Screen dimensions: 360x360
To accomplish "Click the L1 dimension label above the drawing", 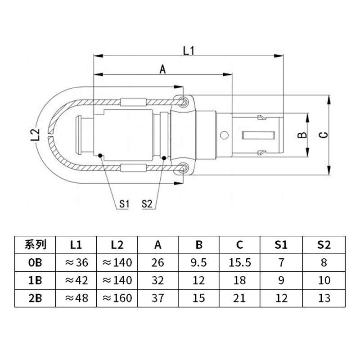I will pyautogui.click(x=188, y=50).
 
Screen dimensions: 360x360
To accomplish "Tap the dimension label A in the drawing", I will pyautogui.click(x=163, y=69).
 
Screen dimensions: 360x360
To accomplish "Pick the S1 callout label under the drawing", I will pyautogui.click(x=125, y=204).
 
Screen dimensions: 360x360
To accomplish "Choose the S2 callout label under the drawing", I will pyautogui.click(x=147, y=204).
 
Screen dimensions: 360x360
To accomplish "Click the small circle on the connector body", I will pyautogui.click(x=224, y=135).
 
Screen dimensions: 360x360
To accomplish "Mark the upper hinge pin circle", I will pyautogui.click(x=183, y=102).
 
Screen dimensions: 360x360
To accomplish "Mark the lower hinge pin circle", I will pyautogui.click(x=183, y=168).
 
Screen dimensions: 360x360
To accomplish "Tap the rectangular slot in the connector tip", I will pyautogui.click(x=258, y=135).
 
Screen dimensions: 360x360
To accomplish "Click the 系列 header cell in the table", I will pyautogui.click(x=35, y=245).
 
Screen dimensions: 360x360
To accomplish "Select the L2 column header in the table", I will pyautogui.click(x=117, y=245).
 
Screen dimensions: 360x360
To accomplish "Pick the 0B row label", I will pyautogui.click(x=35, y=262).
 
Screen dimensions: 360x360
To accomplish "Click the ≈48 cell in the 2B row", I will pyautogui.click(x=76, y=297).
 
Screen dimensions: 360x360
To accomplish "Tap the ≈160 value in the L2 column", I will pyautogui.click(x=117, y=297).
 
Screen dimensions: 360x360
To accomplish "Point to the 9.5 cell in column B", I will pyautogui.click(x=199, y=262).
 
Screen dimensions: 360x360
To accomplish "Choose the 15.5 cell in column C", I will pyautogui.click(x=240, y=262).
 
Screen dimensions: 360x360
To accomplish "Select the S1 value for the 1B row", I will pyautogui.click(x=281, y=280).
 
